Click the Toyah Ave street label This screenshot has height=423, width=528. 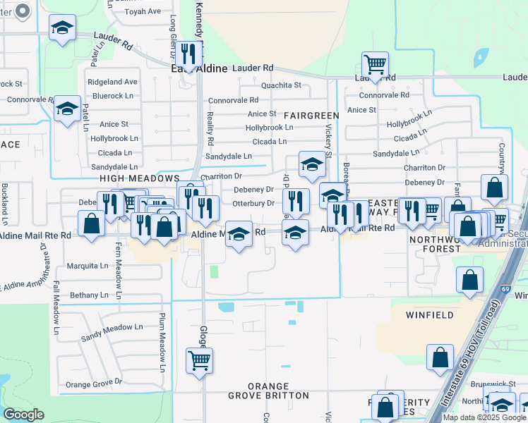point(143,12)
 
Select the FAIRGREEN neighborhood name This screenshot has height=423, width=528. point(312,115)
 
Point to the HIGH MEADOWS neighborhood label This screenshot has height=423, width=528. point(140,180)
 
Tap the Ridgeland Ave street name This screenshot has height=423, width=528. point(112,82)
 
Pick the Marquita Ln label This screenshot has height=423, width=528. point(89,266)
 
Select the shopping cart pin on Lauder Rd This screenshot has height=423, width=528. point(375,65)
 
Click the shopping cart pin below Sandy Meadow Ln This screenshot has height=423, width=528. point(200,360)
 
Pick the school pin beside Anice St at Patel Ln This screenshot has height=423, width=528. point(67,109)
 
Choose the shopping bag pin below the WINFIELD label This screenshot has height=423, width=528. point(440,357)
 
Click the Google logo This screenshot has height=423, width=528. point(23,415)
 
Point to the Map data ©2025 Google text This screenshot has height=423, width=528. point(484,417)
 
